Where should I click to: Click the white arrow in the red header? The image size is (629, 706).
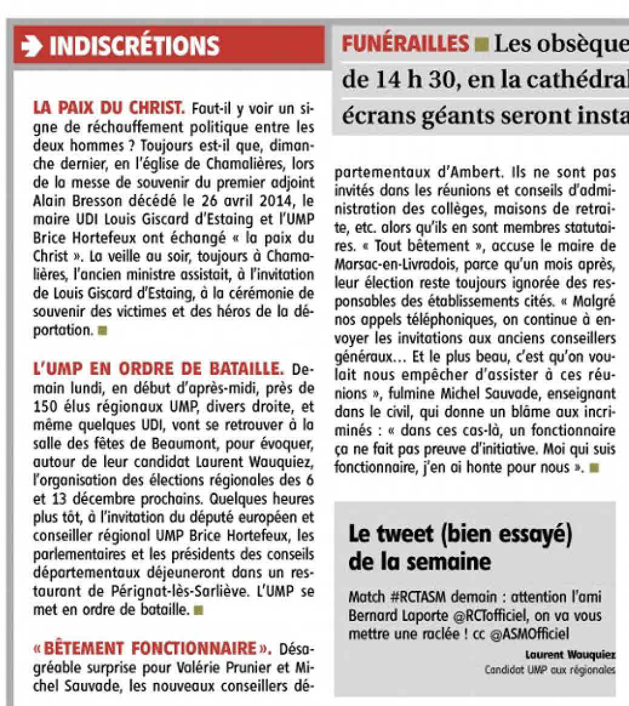34,45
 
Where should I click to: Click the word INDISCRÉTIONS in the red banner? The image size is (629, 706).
134,45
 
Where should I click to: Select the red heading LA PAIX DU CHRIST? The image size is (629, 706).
108,109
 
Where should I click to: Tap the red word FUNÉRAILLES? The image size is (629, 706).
405,44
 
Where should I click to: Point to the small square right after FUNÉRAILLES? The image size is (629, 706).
482,44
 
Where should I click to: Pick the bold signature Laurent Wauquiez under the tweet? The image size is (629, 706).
570,654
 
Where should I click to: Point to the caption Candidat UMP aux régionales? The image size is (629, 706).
550,670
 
